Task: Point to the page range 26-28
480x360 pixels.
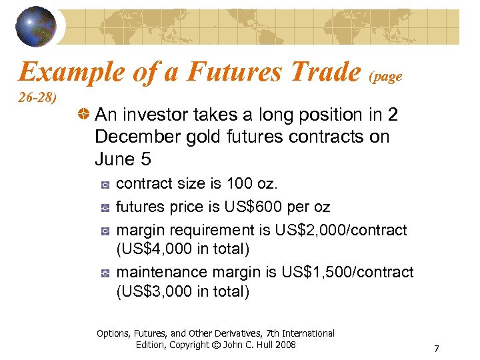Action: pyautogui.click(x=37, y=99)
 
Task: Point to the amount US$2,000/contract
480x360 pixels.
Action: pyautogui.click(x=341, y=230)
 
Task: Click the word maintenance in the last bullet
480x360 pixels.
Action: pyautogui.click(x=161, y=272)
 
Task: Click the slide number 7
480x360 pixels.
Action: pyautogui.click(x=436, y=349)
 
